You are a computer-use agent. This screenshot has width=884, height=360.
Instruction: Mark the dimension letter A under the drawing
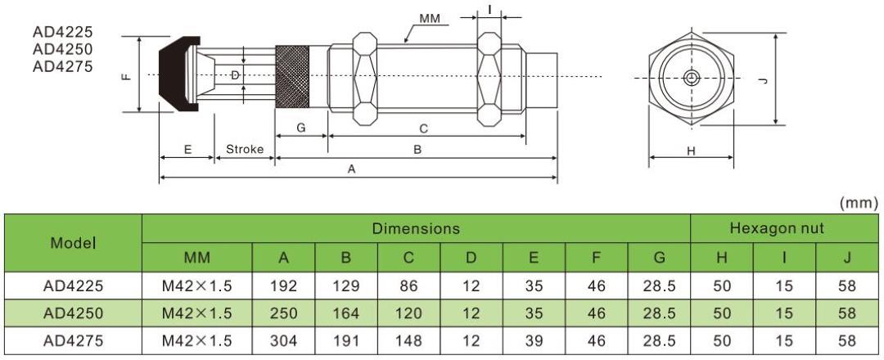point(352,169)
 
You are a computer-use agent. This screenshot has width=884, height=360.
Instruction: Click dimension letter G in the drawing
point(300,128)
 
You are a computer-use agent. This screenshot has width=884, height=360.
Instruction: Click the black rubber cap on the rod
point(174,74)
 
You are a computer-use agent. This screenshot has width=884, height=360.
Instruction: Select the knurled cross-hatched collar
point(291,75)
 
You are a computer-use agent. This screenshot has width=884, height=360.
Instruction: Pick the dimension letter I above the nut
point(489,9)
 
